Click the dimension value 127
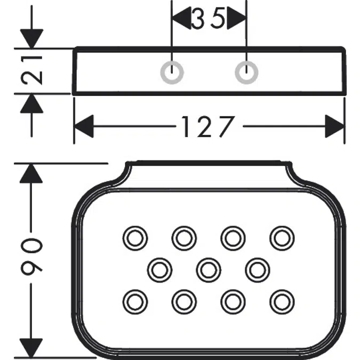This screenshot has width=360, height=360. pos(208,127)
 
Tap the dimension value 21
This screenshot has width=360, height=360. pos(33,71)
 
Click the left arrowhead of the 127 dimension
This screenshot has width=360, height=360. pos(84,127)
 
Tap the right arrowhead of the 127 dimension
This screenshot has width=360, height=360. pos(335,127)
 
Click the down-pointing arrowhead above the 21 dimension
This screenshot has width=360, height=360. pos(33,38)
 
